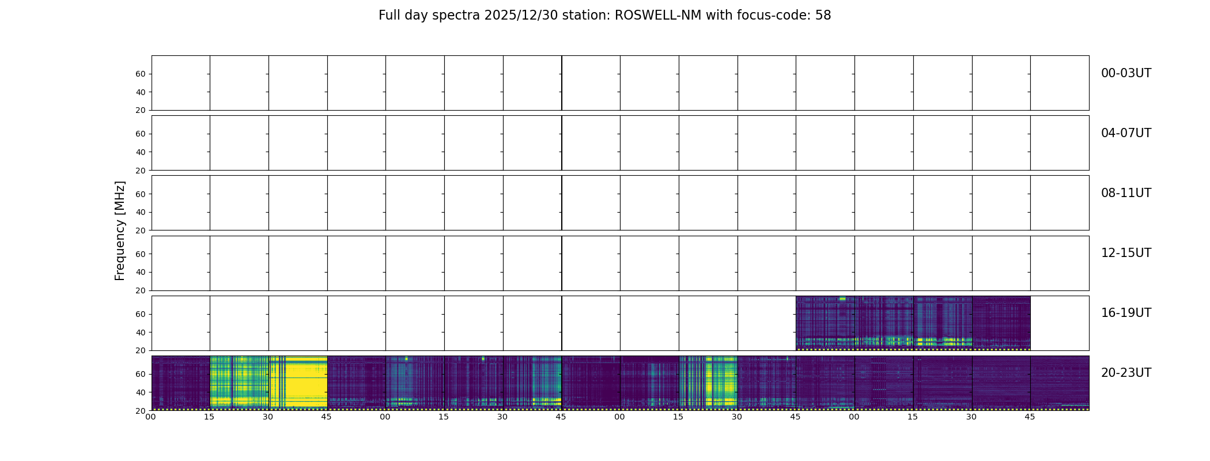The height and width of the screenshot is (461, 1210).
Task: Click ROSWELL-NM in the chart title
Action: pyautogui.click(x=658, y=16)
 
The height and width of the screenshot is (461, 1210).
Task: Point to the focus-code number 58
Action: pyautogui.click(x=823, y=16)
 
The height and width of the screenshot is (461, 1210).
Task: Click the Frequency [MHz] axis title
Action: pyautogui.click(x=120, y=231)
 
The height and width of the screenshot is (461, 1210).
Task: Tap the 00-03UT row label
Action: pyautogui.click(x=1126, y=73)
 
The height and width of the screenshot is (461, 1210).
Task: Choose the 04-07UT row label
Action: pyautogui.click(x=1126, y=133)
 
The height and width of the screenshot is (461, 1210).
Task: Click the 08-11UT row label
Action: pyautogui.click(x=1126, y=193)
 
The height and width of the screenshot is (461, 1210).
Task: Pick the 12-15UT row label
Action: pyautogui.click(x=1126, y=253)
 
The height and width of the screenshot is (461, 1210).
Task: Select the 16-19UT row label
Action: pyautogui.click(x=1126, y=313)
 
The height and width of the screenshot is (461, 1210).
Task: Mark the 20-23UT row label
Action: pyautogui.click(x=1126, y=373)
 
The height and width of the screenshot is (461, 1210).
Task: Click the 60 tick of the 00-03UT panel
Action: pyautogui.click(x=141, y=74)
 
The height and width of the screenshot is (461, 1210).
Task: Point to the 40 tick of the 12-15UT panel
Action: pyautogui.click(x=141, y=272)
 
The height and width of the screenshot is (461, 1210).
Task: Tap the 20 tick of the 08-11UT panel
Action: pyautogui.click(x=141, y=231)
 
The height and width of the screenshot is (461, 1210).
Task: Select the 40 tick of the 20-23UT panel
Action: pyautogui.click(x=141, y=392)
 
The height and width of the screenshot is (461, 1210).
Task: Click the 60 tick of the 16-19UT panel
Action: pyautogui.click(x=141, y=314)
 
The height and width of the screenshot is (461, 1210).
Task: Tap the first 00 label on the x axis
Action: pyautogui.click(x=150, y=417)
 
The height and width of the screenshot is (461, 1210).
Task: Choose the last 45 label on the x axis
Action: pyautogui.click(x=1030, y=417)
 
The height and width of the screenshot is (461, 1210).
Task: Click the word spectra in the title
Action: pyautogui.click(x=457, y=16)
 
